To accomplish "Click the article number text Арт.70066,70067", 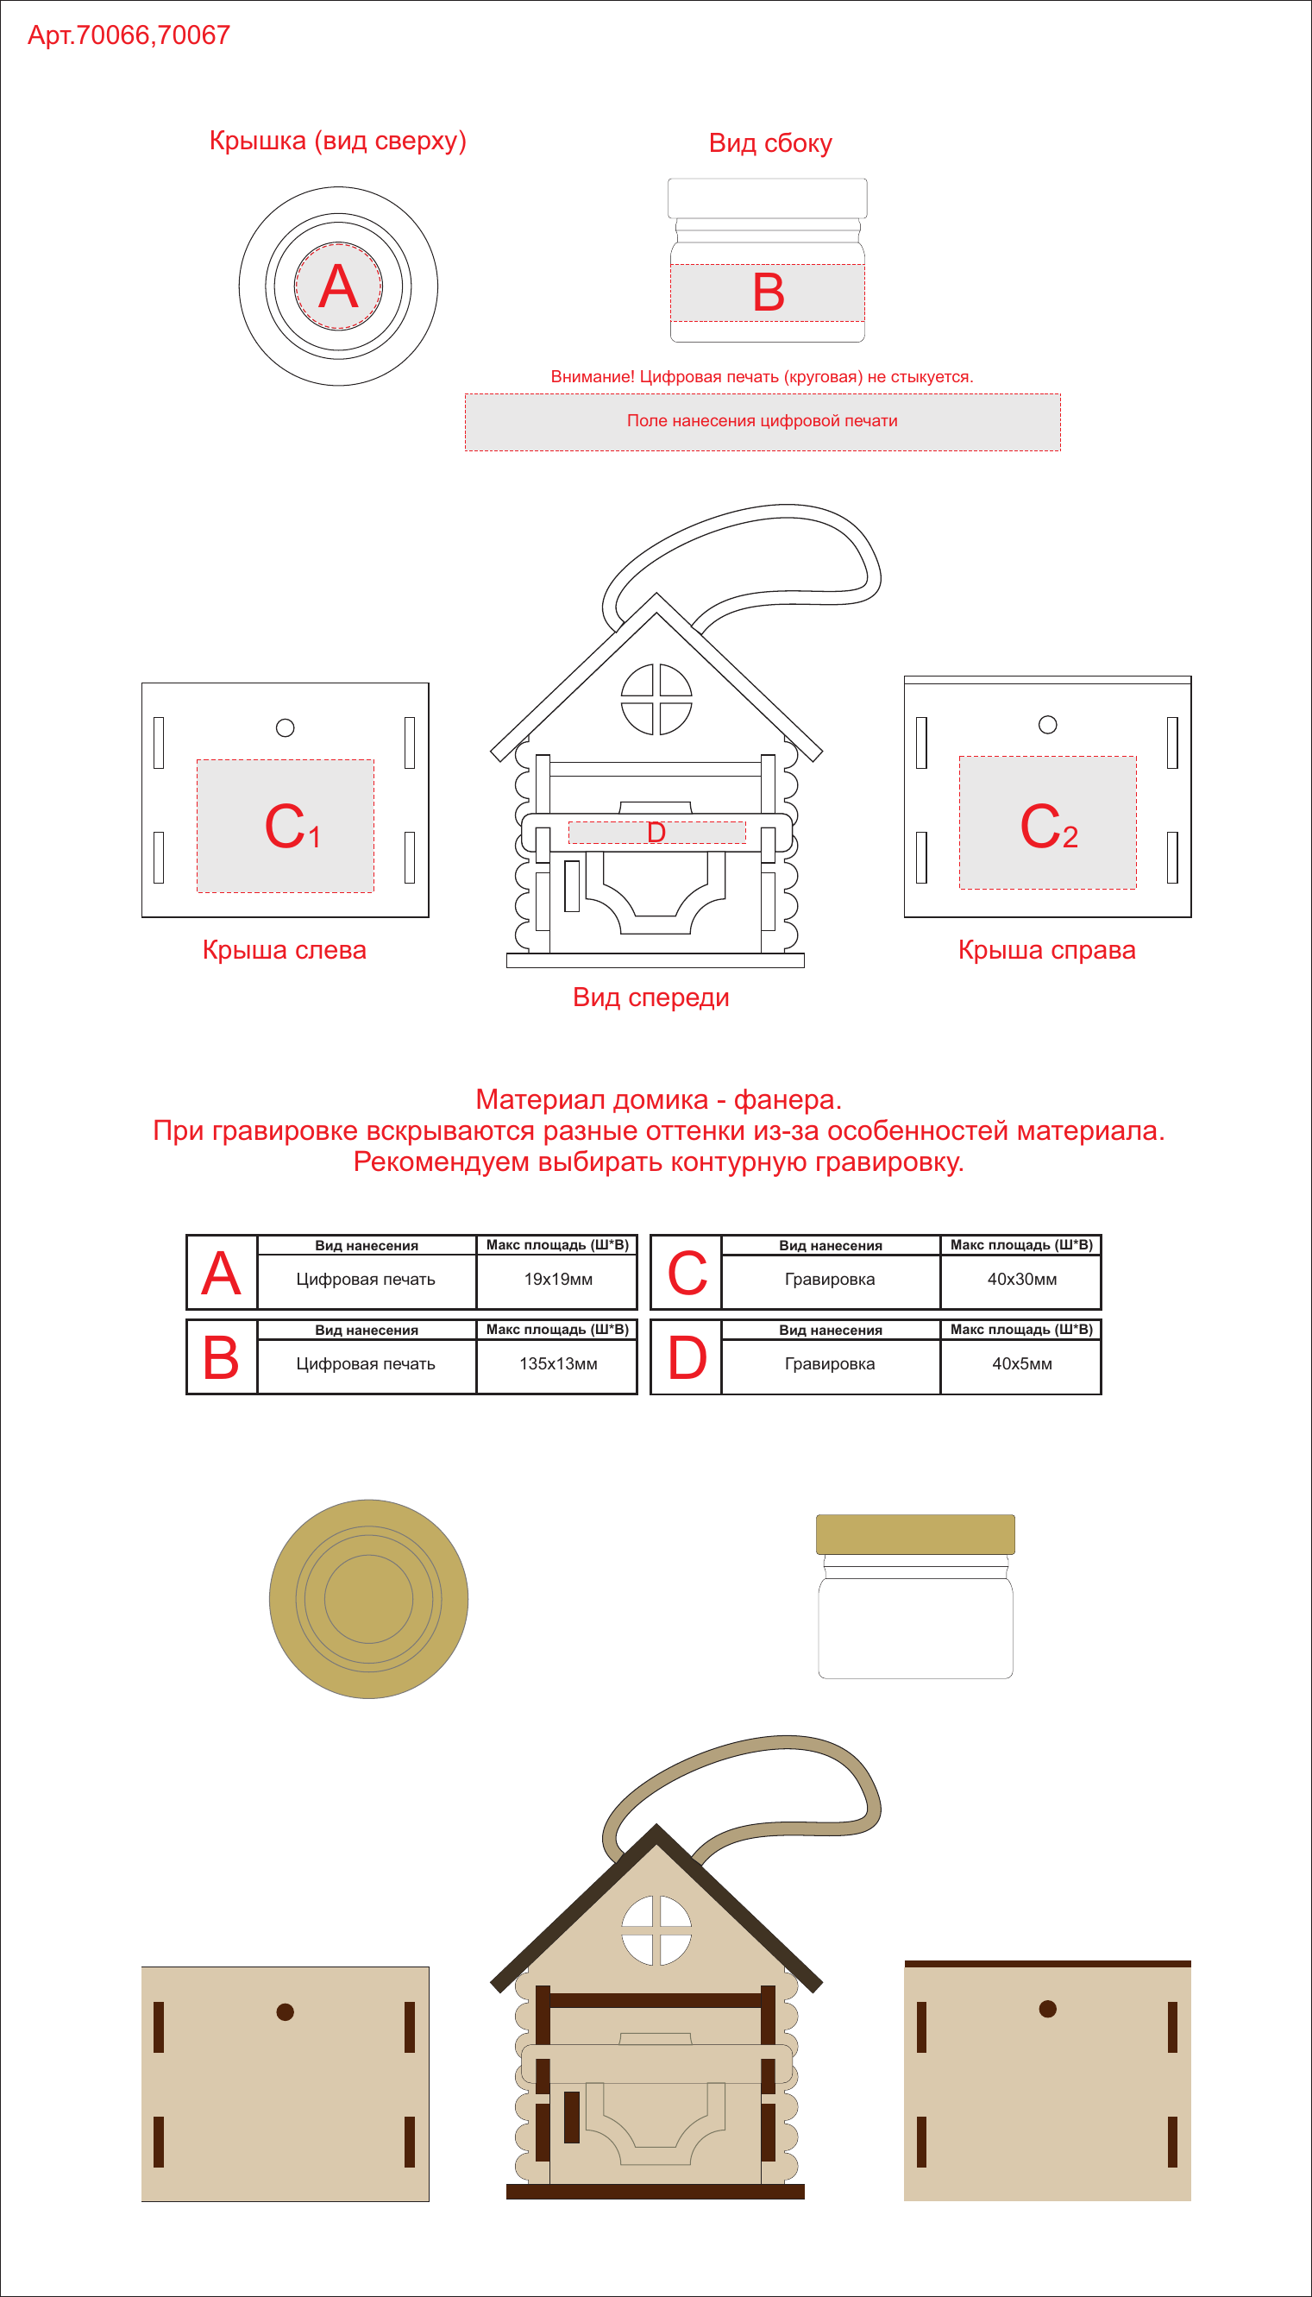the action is click(129, 35).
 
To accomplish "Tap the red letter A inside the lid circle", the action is click(338, 286).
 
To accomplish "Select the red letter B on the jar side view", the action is click(769, 293).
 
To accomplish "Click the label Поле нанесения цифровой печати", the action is click(763, 421).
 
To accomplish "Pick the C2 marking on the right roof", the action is click(1049, 827).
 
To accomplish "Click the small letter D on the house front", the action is click(657, 832).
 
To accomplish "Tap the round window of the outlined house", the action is click(657, 699).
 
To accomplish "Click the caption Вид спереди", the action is click(650, 997).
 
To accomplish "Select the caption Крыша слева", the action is click(285, 950).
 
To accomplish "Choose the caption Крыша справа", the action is click(1047, 950).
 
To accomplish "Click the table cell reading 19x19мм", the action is click(559, 1279).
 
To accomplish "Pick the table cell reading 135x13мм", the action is click(559, 1363).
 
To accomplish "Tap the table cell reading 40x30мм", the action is click(1022, 1279).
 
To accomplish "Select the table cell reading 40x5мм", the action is click(1022, 1363).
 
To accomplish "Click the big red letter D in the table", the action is click(687, 1358).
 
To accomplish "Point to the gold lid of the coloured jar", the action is click(915, 1534).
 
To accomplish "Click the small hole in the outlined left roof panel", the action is click(286, 728).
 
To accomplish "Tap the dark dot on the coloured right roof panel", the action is click(1048, 2009).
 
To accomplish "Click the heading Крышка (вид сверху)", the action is click(338, 142).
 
